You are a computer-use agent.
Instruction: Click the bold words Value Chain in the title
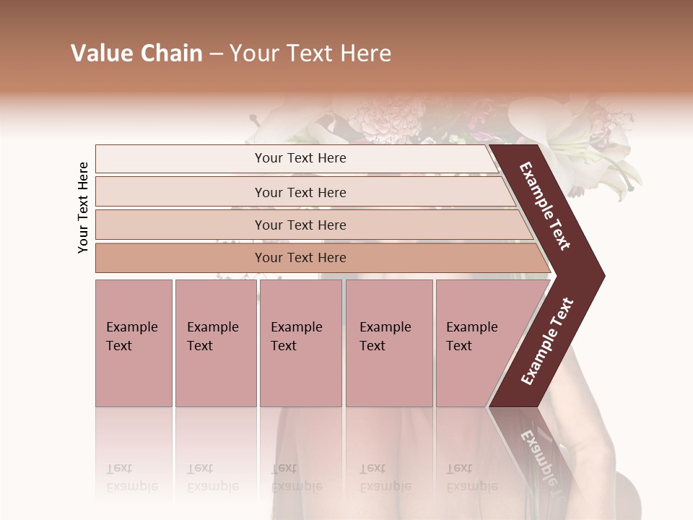click(x=136, y=53)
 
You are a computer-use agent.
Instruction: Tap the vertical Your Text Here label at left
click(x=83, y=207)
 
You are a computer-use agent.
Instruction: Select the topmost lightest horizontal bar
click(x=296, y=158)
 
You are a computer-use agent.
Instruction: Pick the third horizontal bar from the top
click(x=310, y=225)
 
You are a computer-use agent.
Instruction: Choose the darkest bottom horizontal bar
click(x=318, y=258)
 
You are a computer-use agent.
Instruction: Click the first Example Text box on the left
click(x=134, y=343)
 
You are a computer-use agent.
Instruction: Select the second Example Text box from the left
click(x=215, y=343)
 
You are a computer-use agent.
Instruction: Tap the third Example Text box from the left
click(x=300, y=343)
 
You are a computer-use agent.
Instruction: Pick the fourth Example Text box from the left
click(x=388, y=343)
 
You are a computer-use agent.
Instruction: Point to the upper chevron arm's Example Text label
click(x=545, y=206)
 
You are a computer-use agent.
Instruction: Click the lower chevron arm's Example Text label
click(x=547, y=341)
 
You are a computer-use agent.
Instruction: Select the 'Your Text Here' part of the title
click(x=310, y=53)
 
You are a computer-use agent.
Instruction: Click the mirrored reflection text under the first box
click(x=132, y=478)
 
